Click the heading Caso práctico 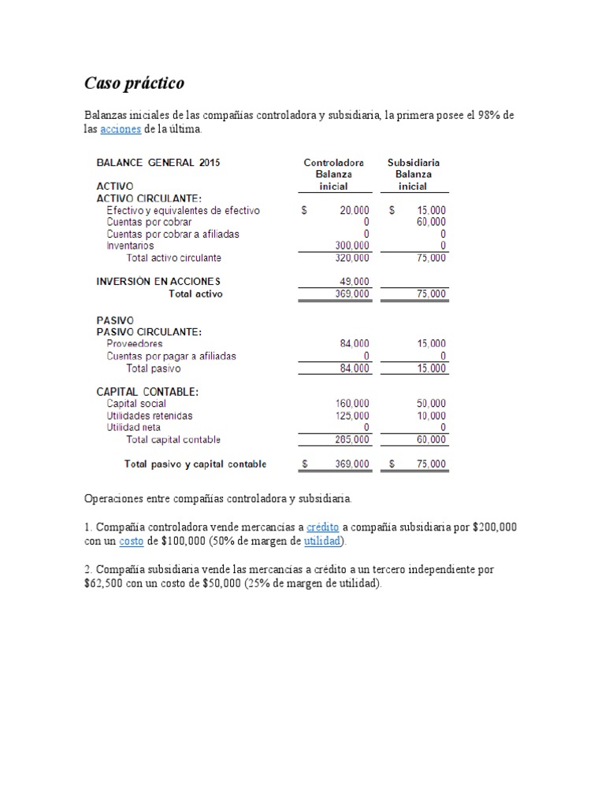click(134, 83)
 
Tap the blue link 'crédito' click(323, 527)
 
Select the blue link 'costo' click(132, 542)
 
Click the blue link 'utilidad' click(321, 542)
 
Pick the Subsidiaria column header click(414, 163)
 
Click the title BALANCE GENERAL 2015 click(158, 163)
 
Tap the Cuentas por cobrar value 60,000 click(431, 222)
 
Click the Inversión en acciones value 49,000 click(354, 281)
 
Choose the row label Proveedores click(135, 344)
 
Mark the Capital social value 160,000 click(352, 404)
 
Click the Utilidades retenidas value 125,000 click(352, 416)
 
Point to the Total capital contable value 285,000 click(352, 439)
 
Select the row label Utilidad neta click(133, 427)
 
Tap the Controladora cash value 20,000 click(354, 211)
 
